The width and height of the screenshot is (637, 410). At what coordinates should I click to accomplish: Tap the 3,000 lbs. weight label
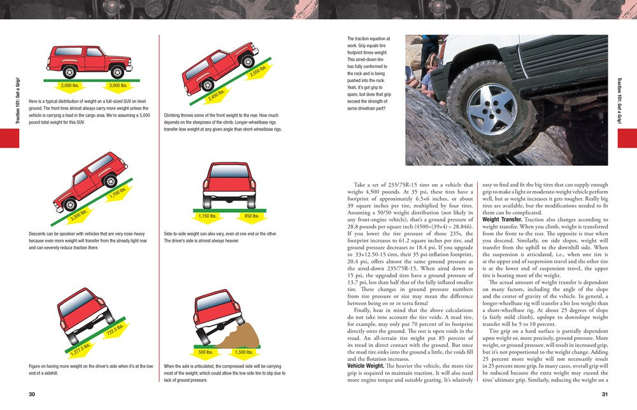coord(118,85)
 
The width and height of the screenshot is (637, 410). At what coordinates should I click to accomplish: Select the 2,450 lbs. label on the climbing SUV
coord(217,95)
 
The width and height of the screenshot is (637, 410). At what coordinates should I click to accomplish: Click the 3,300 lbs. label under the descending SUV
coord(79,215)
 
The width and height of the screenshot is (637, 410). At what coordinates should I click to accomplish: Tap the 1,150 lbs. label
coord(208,216)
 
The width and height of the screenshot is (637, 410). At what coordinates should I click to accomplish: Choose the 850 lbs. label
coord(252,216)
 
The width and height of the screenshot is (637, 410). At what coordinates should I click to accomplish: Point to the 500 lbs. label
coord(206,351)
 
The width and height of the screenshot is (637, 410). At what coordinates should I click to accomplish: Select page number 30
coord(32,394)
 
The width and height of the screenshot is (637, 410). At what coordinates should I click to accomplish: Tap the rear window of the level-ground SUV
coord(68,51)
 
